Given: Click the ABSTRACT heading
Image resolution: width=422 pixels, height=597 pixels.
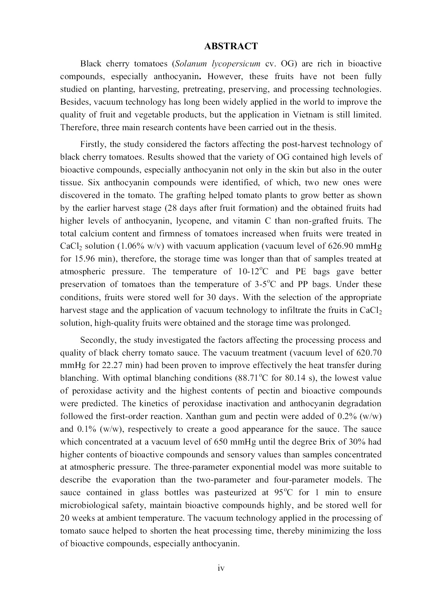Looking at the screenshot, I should click(x=231, y=46).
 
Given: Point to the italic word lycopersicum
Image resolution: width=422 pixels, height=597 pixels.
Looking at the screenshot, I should click(x=236, y=64).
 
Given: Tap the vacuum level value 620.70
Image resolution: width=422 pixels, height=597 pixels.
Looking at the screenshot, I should click(x=367, y=353).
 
